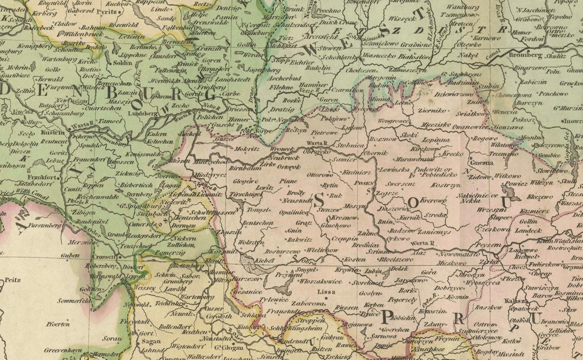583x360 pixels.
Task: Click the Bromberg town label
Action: (x=525, y=55)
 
